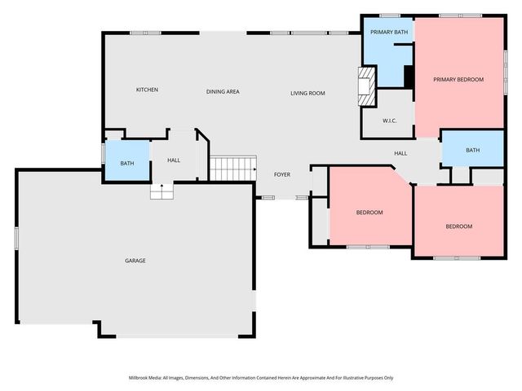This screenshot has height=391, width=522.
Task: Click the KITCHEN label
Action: [147, 90]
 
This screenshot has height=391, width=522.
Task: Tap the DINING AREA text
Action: [222, 92]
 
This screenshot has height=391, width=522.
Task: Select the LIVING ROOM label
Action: [307, 94]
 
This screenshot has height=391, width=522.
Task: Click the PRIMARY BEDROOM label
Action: [458, 79]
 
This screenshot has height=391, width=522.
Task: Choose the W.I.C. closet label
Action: [389, 121]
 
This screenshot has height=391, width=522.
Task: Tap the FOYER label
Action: [281, 174]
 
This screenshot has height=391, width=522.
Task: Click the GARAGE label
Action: [135, 261]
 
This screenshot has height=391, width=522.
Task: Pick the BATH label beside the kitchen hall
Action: [127, 163]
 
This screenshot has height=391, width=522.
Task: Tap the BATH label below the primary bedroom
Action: [473, 150]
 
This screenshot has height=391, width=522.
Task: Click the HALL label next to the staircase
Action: [174, 160]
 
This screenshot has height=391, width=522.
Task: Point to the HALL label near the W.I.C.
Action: [400, 153]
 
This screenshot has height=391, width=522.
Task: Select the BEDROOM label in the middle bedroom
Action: [369, 213]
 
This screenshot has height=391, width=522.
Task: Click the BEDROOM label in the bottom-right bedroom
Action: [458, 226]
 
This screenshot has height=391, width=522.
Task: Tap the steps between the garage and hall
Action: [161, 191]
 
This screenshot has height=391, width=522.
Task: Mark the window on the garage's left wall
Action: [16, 238]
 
